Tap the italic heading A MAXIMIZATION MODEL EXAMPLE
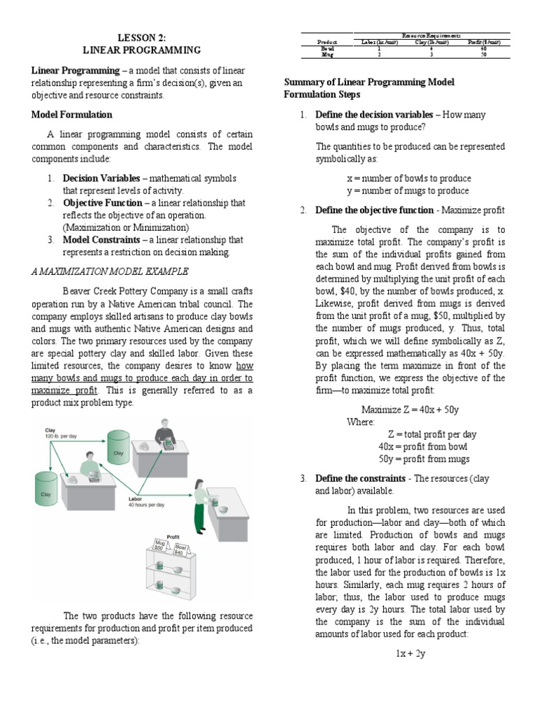[109, 271]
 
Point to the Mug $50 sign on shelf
[160, 545]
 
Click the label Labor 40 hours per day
[145, 501]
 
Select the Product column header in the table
[327, 42]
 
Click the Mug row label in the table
[327, 54]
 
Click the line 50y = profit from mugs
[424, 459]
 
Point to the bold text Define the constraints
[360, 478]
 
